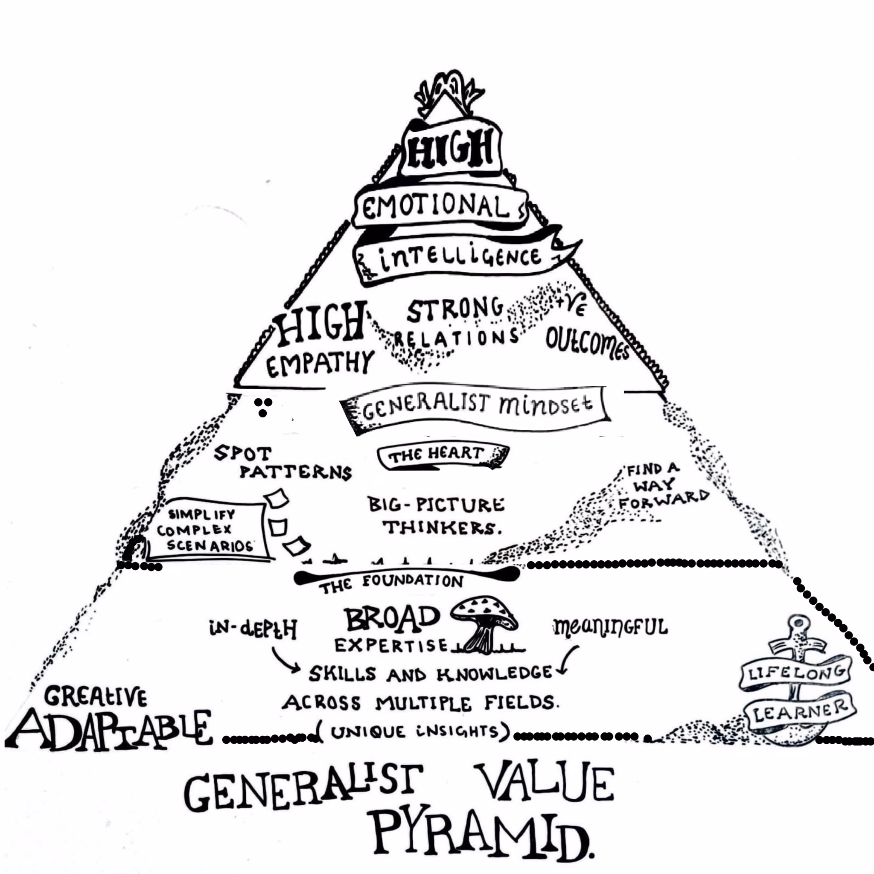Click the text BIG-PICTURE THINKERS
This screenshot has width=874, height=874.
437,516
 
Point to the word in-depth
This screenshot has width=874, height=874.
253,629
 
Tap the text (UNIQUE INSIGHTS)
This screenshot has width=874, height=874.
414,732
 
